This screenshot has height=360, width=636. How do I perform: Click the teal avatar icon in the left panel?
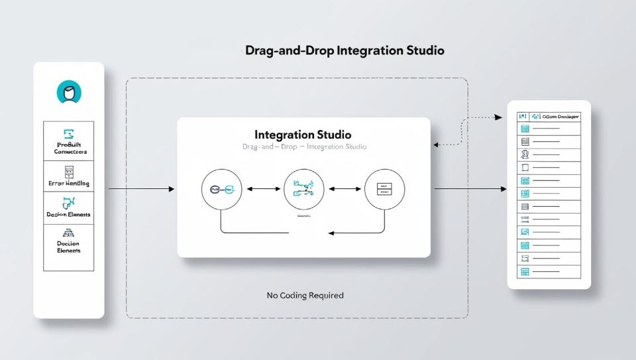pos(69,93)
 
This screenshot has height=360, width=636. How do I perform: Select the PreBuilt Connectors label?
pos(70,148)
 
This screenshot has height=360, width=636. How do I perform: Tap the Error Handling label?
pos(69,183)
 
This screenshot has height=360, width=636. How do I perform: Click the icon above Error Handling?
pos(69,172)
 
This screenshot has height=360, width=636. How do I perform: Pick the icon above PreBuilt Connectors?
pos(69,133)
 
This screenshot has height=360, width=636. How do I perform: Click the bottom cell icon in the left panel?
pos(69,233)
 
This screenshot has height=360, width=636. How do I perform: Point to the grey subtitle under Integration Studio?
pos(304,147)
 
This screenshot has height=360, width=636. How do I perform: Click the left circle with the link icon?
pos(221,190)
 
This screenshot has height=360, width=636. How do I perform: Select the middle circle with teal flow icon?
pos(303,190)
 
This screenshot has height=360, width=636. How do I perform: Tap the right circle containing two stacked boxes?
pos(384,190)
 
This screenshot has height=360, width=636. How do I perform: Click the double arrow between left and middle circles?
pos(263,190)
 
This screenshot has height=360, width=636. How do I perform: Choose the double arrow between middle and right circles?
pos(344,190)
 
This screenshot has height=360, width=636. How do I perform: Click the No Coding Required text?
pos(305,295)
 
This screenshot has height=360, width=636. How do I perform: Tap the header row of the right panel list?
pos(549,116)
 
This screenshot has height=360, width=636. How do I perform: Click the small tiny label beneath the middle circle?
pos(304,216)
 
